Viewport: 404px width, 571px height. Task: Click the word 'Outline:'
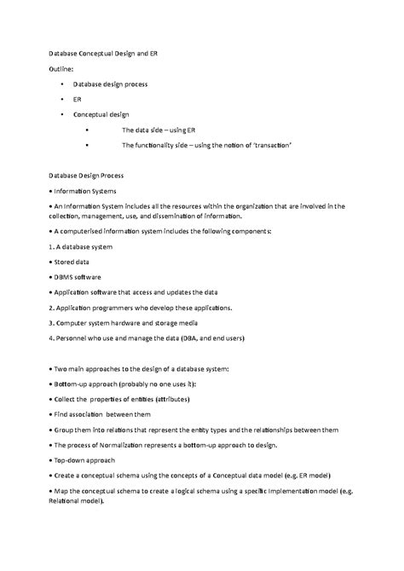coord(62,69)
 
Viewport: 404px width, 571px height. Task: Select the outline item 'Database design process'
coord(111,85)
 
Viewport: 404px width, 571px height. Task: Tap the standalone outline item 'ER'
coord(78,100)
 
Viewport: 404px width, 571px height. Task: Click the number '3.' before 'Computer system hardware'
coord(53,323)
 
